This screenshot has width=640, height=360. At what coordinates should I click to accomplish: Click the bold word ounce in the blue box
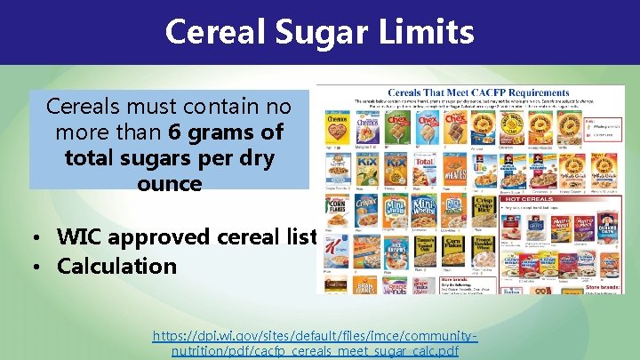coord(169,184)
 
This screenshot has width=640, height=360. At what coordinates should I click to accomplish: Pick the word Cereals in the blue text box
coord(82,107)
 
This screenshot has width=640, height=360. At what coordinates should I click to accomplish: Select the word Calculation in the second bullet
coord(117,266)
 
